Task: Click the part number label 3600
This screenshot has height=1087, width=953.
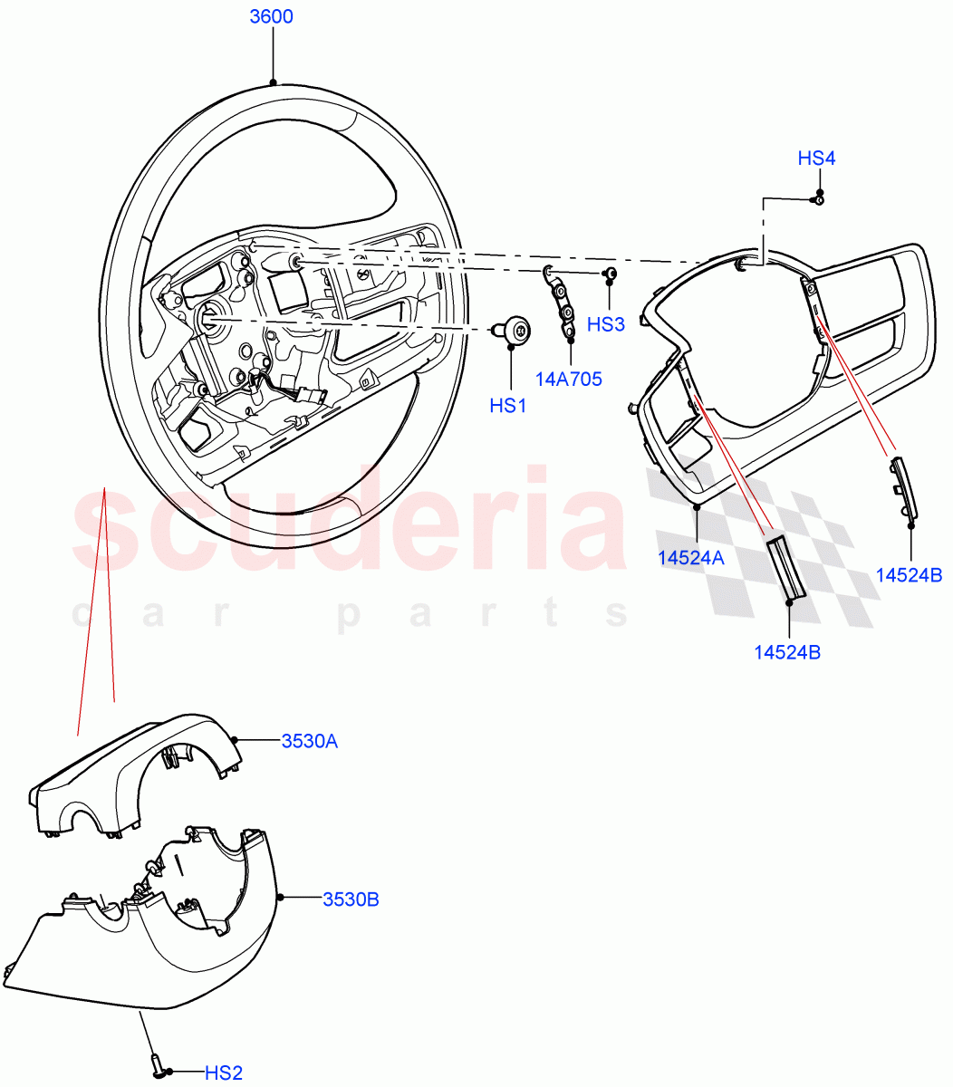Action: (x=272, y=17)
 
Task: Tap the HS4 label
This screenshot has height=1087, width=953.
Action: (x=816, y=159)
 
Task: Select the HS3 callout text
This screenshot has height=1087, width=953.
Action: (x=606, y=324)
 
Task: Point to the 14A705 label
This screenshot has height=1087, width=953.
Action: (x=568, y=380)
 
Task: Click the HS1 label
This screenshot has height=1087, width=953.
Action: (x=508, y=406)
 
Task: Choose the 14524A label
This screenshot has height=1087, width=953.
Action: (x=691, y=559)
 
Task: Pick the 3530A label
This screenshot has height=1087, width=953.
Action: (x=309, y=741)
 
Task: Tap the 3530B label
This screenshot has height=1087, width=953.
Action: (x=351, y=899)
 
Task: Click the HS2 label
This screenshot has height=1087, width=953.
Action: (x=223, y=1073)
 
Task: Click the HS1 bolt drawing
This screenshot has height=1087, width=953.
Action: (x=516, y=331)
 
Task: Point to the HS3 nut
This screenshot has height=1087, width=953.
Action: (x=611, y=273)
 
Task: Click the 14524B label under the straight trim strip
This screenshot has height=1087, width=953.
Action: (x=787, y=651)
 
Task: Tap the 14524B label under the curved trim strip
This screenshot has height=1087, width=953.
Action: (x=910, y=574)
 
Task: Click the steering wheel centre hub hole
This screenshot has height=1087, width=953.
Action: (x=207, y=316)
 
